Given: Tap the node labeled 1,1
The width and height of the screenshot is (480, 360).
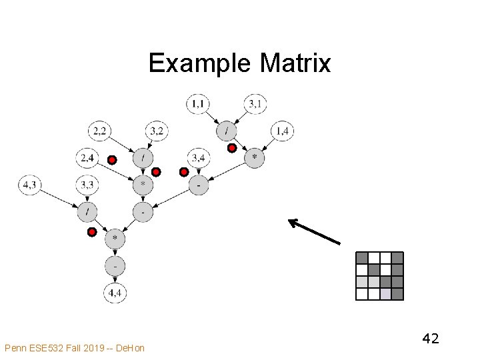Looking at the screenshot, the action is coord(198,103).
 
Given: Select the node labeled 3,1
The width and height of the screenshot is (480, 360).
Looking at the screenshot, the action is coord(255,103).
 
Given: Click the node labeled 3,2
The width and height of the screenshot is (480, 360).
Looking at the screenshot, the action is coord(156,131).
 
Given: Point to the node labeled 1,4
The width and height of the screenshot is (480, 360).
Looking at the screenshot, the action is coord(283,131).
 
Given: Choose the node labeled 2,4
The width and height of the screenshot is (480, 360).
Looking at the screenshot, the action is coord(87,158).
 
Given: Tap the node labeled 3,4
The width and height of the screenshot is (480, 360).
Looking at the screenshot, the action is coord(198,158).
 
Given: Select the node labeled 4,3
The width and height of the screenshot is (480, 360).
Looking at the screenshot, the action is coord(30,185).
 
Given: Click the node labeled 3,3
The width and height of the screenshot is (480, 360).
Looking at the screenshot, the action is coord(87,185).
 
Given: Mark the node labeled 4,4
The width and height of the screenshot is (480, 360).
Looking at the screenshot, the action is coord(115,291).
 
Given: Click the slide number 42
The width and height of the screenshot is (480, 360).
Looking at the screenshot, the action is coord(430,339).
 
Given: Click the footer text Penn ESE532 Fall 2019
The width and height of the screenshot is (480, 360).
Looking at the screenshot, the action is coord(74,348).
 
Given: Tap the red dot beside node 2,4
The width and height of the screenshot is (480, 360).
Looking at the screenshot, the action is coord(112,159).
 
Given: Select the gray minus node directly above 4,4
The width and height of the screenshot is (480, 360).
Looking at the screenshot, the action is coord(115,265).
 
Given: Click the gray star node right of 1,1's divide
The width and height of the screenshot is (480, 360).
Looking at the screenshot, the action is coord(254,158).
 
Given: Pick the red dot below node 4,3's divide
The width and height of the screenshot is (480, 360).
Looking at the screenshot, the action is coord(93,232).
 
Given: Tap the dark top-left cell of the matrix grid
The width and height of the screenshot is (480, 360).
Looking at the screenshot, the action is coord(362,258).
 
